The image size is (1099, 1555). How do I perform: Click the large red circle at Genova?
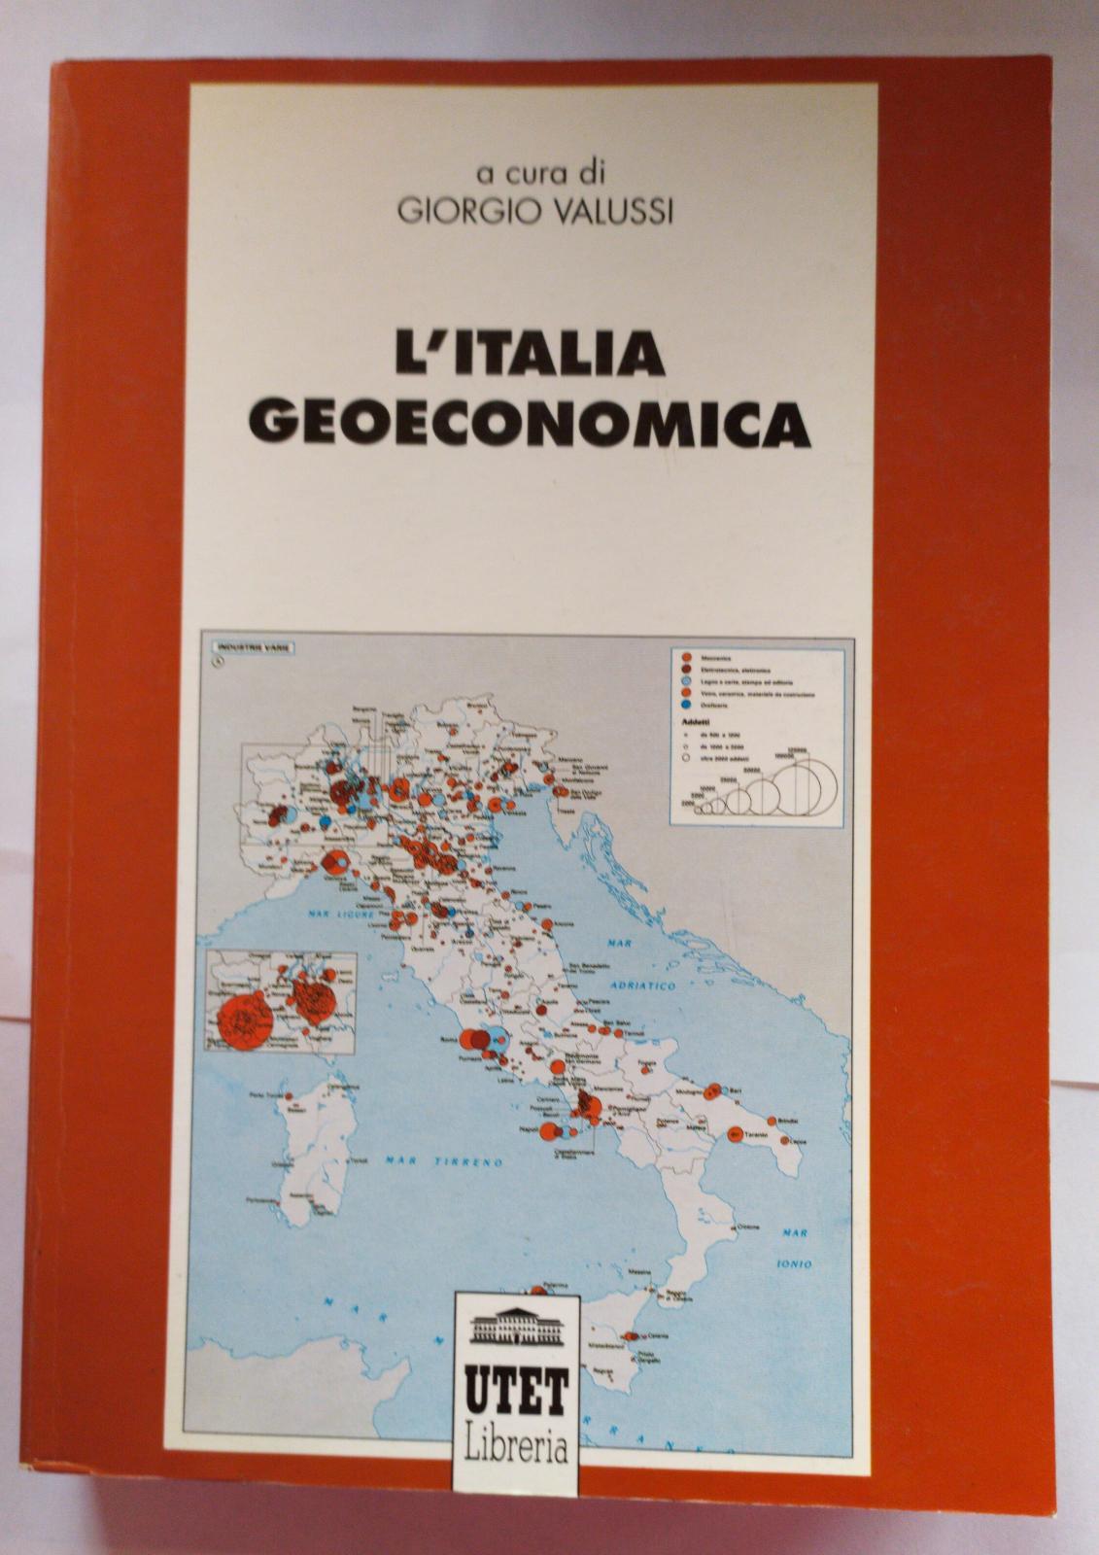click(x=330, y=862)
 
